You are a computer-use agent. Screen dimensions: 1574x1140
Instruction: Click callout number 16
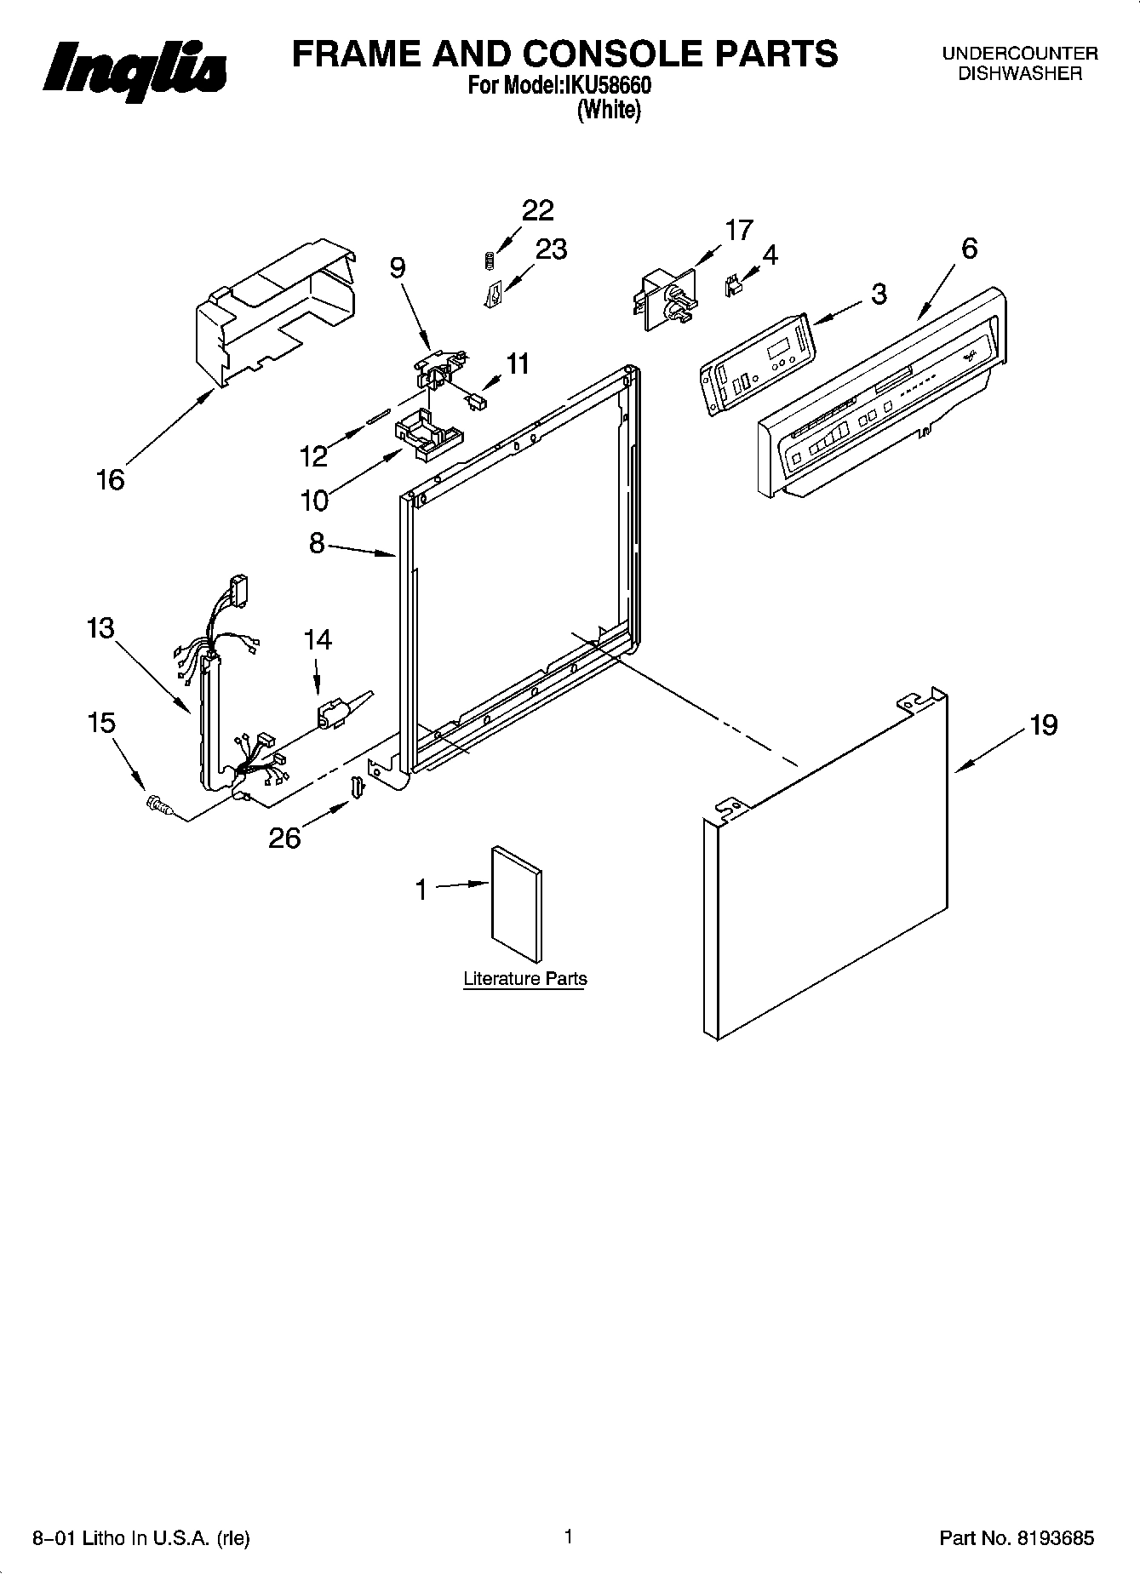tap(111, 480)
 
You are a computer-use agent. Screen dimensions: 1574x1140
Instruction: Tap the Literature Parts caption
tap(524, 979)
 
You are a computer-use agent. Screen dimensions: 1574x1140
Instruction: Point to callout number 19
tap(1043, 725)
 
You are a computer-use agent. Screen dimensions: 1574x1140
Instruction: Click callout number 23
tap(551, 249)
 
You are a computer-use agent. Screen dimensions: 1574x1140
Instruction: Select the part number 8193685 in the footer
tap(1052, 1538)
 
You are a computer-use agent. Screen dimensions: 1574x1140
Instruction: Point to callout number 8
tap(317, 543)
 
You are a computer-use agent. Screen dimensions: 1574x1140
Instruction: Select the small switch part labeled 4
tap(730, 286)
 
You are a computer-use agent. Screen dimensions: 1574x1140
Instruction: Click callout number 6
tap(969, 249)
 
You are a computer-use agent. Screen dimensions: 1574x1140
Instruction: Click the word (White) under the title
tap(608, 110)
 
